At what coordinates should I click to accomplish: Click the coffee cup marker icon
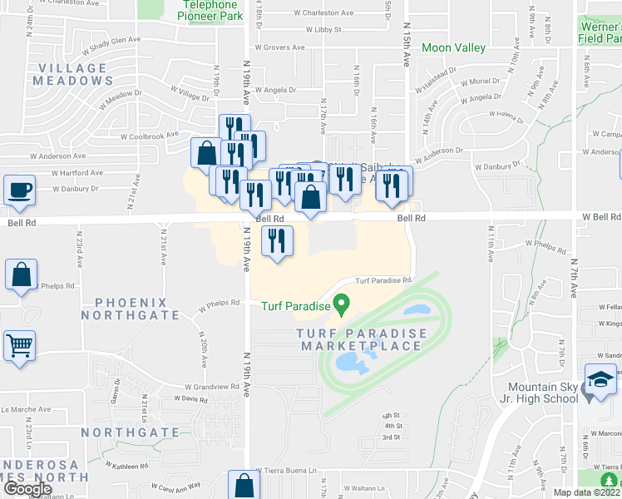point(20,189)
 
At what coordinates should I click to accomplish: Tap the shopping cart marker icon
point(20,344)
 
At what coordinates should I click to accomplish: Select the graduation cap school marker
point(601,379)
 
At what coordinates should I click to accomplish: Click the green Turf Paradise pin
point(339,302)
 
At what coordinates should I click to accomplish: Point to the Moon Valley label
point(453,47)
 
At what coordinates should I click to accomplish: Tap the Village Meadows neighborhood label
point(72,74)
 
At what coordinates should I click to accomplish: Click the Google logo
point(27,489)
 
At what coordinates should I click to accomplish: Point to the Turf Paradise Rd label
point(383,280)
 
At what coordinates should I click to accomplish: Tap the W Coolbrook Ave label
point(150,134)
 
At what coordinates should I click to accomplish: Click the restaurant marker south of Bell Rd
point(277,241)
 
